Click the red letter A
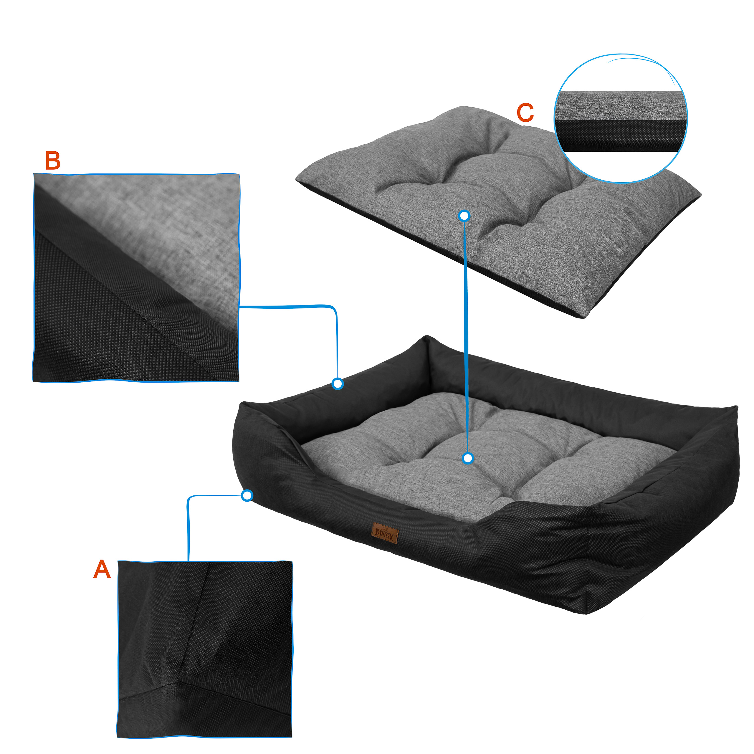(102, 569)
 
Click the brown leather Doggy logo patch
(385, 533)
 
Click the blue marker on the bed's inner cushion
(467, 458)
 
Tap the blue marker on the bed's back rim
(338, 384)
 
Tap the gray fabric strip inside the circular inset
(621, 106)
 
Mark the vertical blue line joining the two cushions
(466, 337)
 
